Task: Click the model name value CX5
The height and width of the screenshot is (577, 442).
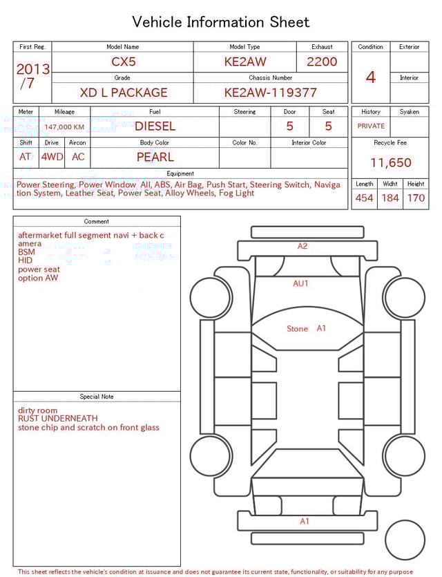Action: (124, 62)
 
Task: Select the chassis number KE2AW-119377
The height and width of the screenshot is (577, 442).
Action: (270, 93)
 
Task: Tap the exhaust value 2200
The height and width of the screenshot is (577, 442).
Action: (322, 62)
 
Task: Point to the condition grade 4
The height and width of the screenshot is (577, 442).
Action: (371, 77)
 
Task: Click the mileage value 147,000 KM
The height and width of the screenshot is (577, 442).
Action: (64, 127)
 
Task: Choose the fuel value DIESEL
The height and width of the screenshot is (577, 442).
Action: (155, 126)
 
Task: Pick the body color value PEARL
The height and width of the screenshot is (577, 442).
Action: (155, 157)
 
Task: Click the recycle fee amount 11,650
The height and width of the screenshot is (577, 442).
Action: (390, 163)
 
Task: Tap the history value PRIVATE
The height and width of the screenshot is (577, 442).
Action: (371, 126)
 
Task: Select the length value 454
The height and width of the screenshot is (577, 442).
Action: (364, 198)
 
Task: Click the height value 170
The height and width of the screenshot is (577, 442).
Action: (416, 198)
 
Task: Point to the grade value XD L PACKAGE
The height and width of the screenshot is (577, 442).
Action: (124, 93)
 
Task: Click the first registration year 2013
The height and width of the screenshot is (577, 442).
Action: (32, 69)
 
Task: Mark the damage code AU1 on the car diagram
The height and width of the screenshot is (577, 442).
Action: (300, 283)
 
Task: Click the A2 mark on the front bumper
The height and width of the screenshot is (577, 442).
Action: (302, 246)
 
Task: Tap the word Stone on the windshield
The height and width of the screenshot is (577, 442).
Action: (297, 329)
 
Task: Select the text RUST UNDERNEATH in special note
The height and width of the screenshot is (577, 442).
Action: (58, 419)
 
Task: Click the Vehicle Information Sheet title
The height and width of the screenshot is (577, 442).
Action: (221, 22)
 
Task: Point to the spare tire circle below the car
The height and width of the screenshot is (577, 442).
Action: (405, 540)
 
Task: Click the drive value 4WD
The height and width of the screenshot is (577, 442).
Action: (52, 157)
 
